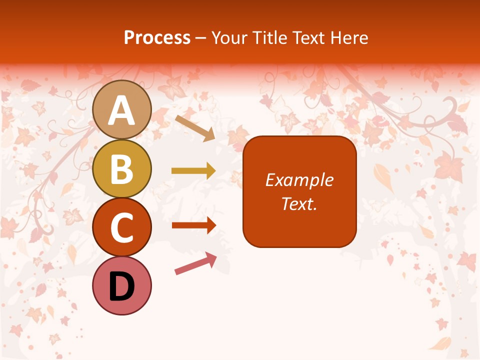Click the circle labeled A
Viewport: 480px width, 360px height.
point(122,109)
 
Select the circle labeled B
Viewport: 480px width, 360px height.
point(122,168)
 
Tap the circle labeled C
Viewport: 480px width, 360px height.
point(122,227)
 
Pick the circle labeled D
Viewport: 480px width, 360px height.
point(122,285)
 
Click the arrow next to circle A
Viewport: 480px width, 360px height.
point(195,128)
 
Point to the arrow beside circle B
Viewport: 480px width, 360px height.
point(193,171)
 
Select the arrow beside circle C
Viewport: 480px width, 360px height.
point(193,225)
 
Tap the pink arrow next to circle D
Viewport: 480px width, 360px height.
point(195,263)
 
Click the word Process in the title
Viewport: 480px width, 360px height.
point(157,37)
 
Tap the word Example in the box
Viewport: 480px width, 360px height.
point(299,180)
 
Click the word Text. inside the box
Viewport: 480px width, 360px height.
point(299,203)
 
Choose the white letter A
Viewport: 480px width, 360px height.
point(122,110)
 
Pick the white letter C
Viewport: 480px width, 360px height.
point(122,228)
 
